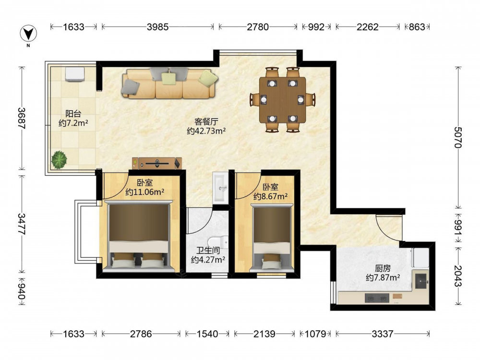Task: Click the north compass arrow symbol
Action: (x=28, y=33)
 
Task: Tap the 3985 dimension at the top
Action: (x=157, y=27)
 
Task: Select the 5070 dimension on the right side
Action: (x=458, y=137)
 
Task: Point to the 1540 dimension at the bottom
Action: (x=207, y=334)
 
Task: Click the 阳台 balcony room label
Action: (x=73, y=114)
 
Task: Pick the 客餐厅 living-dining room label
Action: (x=206, y=122)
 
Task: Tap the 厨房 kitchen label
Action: (x=383, y=268)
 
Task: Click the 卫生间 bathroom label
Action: (x=208, y=251)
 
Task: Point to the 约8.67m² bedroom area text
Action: (x=270, y=196)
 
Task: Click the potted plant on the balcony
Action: (x=59, y=159)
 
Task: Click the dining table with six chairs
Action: (x=283, y=100)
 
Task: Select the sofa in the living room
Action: (x=170, y=83)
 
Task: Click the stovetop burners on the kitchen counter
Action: (x=377, y=298)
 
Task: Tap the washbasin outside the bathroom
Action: (x=220, y=187)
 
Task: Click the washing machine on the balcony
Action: (x=75, y=74)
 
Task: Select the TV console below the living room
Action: (x=157, y=164)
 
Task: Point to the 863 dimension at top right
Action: (x=417, y=27)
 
